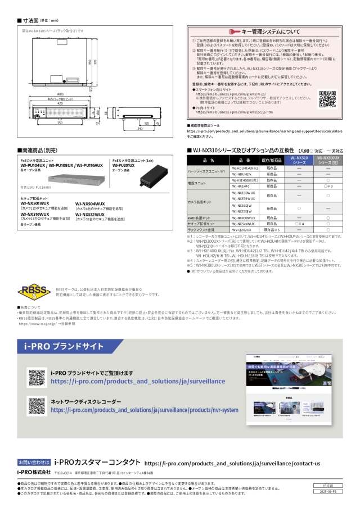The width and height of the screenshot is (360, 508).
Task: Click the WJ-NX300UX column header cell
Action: (327, 161)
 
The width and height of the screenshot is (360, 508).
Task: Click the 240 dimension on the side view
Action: (139, 128)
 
